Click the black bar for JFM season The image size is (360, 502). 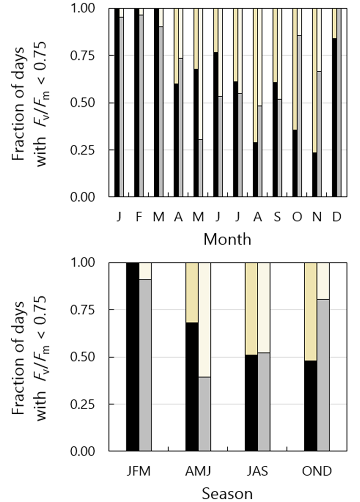point(133,357)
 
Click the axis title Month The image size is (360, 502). point(227,239)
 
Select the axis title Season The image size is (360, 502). point(227,494)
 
